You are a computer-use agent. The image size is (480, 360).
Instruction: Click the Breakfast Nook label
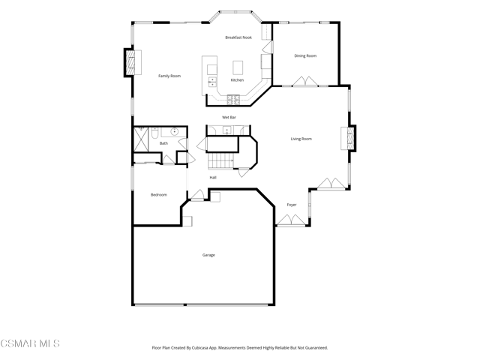(x=238, y=37)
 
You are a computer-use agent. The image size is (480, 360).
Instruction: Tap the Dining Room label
(x=305, y=55)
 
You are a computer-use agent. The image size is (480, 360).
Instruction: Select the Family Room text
(x=169, y=76)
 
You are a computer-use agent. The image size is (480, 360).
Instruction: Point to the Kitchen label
(x=237, y=80)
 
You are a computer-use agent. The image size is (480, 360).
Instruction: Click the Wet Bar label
(x=229, y=117)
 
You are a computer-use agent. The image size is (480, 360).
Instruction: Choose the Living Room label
(x=301, y=139)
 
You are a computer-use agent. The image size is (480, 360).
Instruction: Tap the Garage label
(x=208, y=255)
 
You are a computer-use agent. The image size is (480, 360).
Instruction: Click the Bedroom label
(x=159, y=195)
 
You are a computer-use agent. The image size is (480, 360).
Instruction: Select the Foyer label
(x=292, y=205)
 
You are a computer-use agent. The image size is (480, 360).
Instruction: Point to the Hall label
(x=213, y=178)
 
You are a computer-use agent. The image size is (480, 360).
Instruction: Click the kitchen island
(x=238, y=67)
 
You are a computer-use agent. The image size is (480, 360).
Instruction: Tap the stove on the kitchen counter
(x=233, y=99)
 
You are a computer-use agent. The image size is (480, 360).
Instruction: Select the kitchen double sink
(x=212, y=82)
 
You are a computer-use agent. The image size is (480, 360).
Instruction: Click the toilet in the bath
(x=154, y=133)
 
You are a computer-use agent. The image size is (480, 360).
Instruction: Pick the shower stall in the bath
(x=141, y=139)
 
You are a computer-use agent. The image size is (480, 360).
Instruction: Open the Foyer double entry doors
(x=291, y=220)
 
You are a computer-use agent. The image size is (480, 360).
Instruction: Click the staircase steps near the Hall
(x=220, y=161)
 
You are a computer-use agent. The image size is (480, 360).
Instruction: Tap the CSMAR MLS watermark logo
(x=30, y=343)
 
